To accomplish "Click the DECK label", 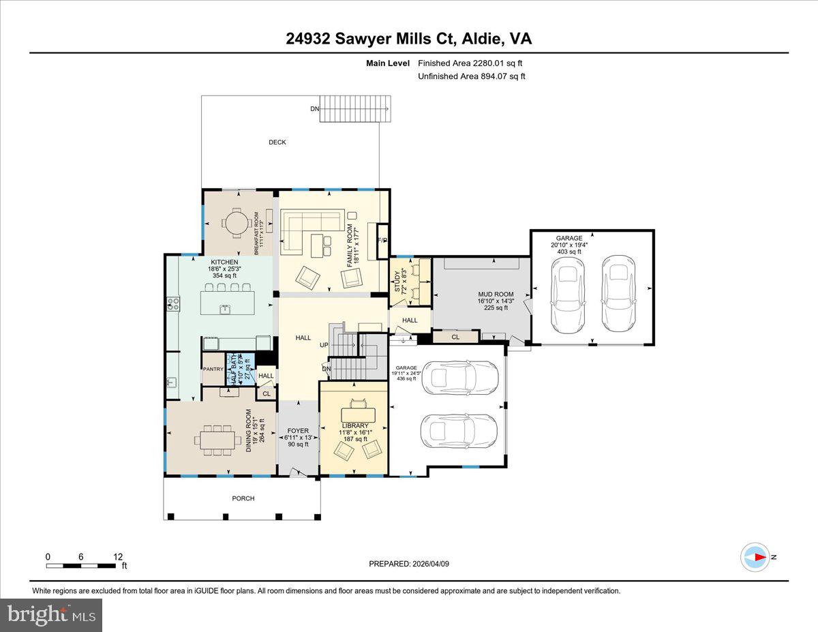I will pyautogui.click(x=277, y=142).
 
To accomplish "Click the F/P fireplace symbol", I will pyautogui.click(x=382, y=241).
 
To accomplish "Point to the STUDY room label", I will pyautogui.click(x=397, y=281).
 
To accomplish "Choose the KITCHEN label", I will pyautogui.click(x=224, y=262).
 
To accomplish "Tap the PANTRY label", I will pyautogui.click(x=213, y=370).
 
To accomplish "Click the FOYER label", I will pyautogui.click(x=298, y=431).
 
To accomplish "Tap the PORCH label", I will pyautogui.click(x=243, y=498).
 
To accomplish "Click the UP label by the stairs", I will pyautogui.click(x=324, y=345).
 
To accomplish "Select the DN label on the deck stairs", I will pyautogui.click(x=314, y=108).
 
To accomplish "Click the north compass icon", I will pyautogui.click(x=756, y=557).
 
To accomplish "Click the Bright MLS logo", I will pyautogui.click(x=51, y=615).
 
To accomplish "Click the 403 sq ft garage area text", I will pyautogui.click(x=569, y=252).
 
